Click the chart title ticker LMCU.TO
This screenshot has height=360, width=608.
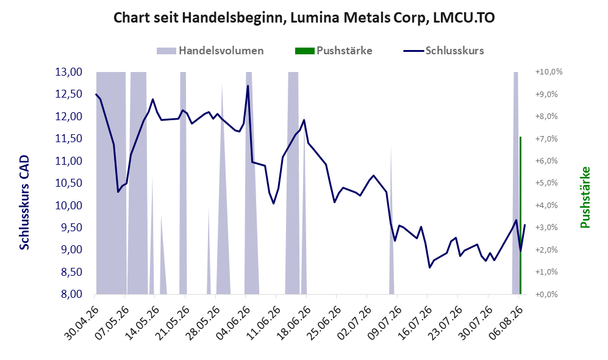pos(463,18)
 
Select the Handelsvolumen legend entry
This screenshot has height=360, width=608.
pos(210,51)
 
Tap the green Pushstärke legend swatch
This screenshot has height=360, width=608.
pos(304,51)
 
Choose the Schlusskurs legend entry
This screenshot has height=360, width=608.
pos(443,51)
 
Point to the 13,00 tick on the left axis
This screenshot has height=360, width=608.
pos(69,72)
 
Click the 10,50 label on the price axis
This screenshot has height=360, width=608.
pos(69,183)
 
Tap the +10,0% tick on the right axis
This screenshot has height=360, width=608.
pos(549,72)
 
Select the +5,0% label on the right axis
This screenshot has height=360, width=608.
pos(546,183)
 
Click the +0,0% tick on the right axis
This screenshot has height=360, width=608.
pos(546,294)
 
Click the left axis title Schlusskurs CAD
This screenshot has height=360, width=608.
pos(24,203)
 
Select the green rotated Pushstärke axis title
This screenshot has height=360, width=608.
pos(585,198)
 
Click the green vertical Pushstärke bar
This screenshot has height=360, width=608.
pos(520,215)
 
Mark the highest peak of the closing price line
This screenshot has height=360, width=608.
pos(248,86)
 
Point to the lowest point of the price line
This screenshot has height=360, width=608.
pos(430,267)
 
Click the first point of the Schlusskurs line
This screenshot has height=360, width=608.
pos(96,94)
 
